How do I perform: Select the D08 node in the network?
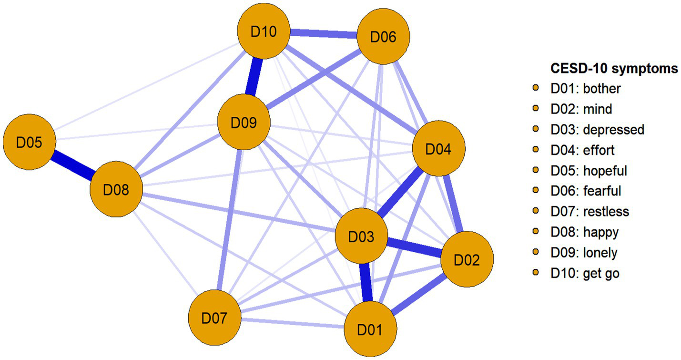(x=116, y=190)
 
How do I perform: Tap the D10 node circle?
(x=264, y=32)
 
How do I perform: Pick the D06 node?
(x=383, y=37)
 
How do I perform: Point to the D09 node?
(x=244, y=123)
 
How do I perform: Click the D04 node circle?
(x=438, y=149)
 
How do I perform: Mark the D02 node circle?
(x=467, y=260)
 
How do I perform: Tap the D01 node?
(x=370, y=329)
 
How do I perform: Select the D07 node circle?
(x=214, y=318)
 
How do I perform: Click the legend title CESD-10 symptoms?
(x=614, y=69)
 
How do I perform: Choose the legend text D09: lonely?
(x=584, y=252)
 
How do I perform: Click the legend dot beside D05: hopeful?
(x=536, y=170)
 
